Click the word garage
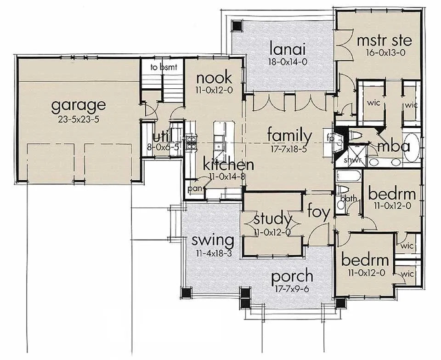[78, 105]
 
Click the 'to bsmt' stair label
[161, 67]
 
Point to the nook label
[214, 78]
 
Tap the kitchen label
[229, 164]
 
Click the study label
[272, 219]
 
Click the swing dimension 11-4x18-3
[213, 252]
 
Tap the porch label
[292, 277]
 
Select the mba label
[393, 147]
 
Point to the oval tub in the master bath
[412, 147]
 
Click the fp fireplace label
[330, 137]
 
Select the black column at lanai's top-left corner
[237, 26]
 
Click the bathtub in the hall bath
[349, 176]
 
